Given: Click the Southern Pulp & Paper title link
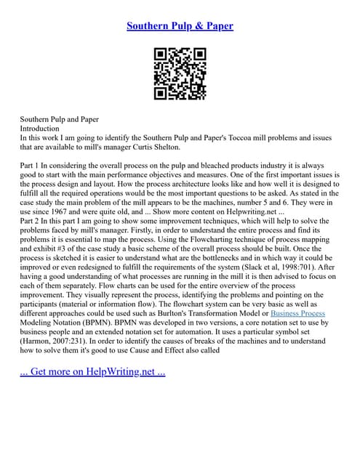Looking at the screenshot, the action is coord(180,26).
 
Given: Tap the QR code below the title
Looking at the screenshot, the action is coord(180,73).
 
